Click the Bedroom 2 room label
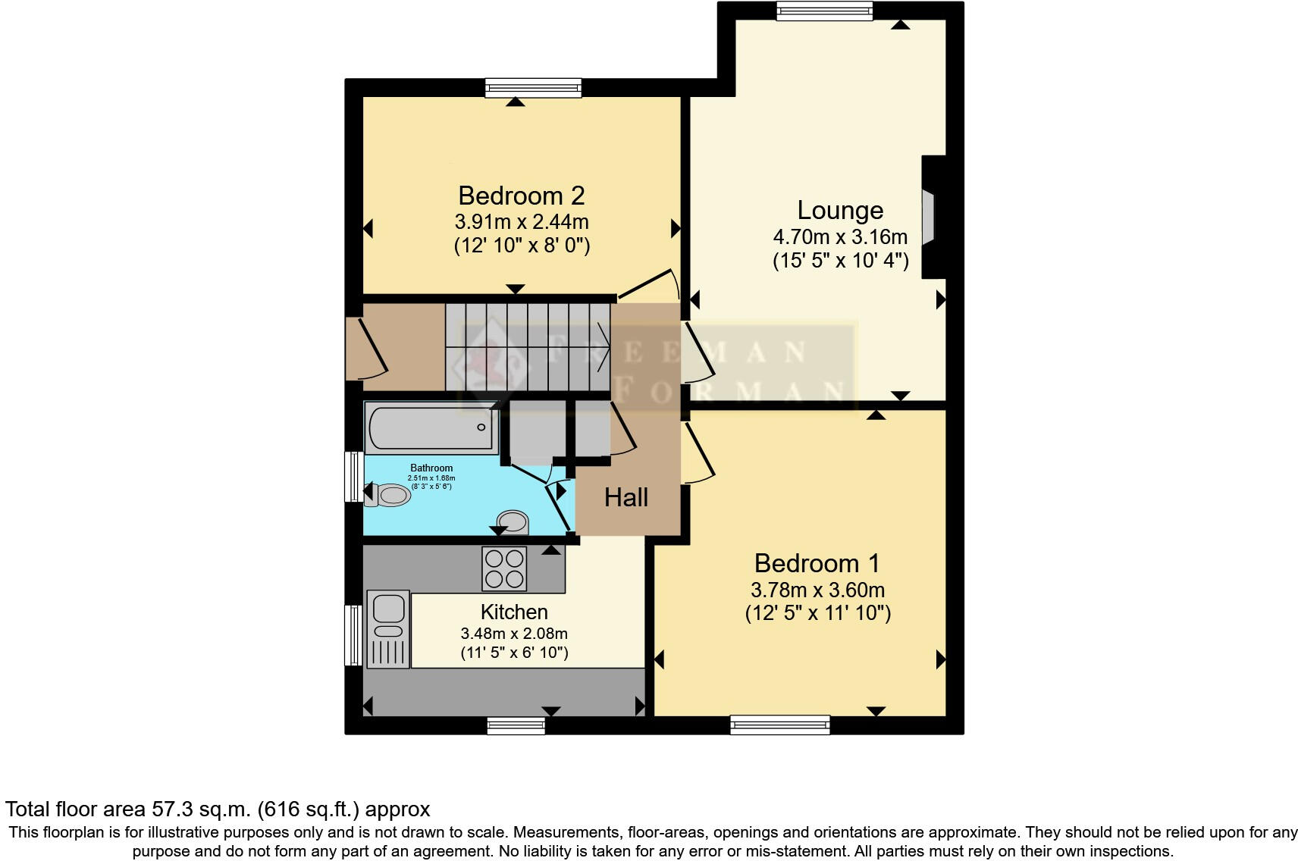pos(521,196)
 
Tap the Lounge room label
pos(840,210)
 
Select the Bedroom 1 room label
pos(817,563)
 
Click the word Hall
pos(625,497)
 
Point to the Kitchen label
pos(513,612)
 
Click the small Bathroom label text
pos(431,468)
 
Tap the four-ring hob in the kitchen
pos(504,569)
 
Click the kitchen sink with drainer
pos(388,629)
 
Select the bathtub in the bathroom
pos(431,427)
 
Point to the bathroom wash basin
pos(513,522)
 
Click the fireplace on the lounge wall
pos(930,218)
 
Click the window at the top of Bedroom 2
pos(533,88)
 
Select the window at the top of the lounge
pos(824,11)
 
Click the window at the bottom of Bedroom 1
pos(779,725)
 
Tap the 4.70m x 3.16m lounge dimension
pos(840,236)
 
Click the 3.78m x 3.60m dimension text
pos(817,590)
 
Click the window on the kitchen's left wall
pos(353,635)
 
